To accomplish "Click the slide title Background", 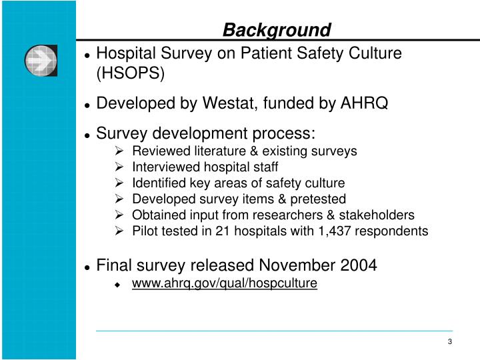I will [277, 30].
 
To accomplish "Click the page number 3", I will [450, 342].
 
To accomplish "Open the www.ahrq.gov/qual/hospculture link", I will [225, 284].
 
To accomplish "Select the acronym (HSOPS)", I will [131, 73].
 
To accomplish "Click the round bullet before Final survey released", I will [87, 267].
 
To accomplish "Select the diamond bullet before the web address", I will [119, 285].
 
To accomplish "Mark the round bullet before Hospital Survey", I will [87, 54].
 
